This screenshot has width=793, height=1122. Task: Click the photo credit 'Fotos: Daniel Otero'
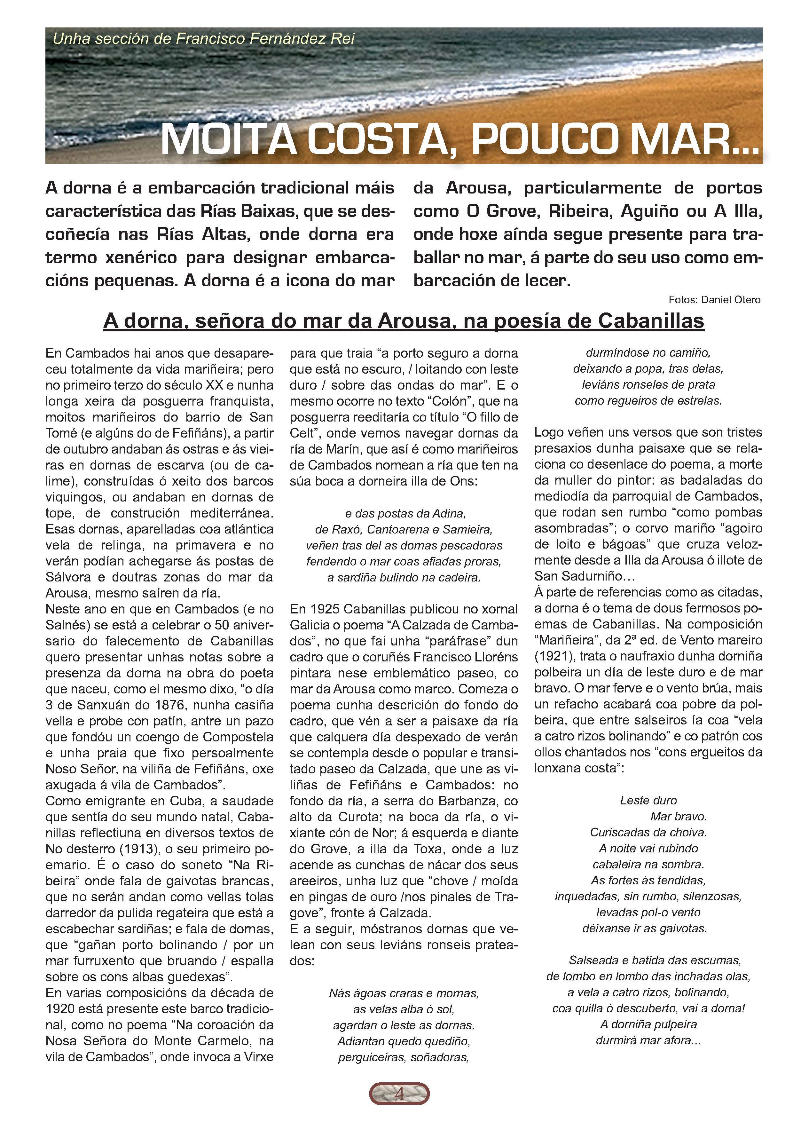pos(714,300)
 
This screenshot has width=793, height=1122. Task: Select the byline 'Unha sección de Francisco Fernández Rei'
pos(203,39)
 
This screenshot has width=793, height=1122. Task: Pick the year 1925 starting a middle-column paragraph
pos(325,609)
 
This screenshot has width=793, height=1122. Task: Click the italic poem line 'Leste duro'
pos(648,801)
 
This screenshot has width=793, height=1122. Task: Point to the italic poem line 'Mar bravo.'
pos(679,817)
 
